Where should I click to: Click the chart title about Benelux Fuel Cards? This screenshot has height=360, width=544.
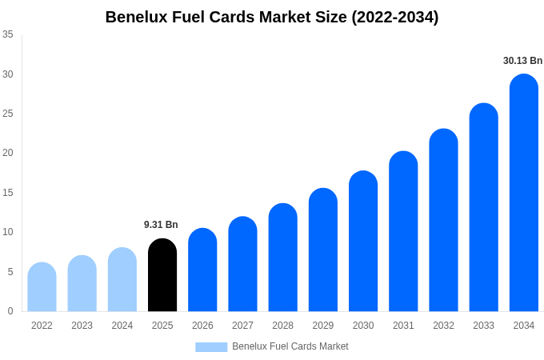click(x=272, y=17)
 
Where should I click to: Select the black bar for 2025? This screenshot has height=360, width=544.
click(x=162, y=275)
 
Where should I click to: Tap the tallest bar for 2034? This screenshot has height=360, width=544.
click(x=524, y=193)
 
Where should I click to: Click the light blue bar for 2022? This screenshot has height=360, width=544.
click(x=42, y=287)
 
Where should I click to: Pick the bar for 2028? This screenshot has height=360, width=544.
click(x=282, y=258)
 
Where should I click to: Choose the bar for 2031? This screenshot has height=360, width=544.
click(x=403, y=231)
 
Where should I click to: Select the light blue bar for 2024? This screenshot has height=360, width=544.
click(x=122, y=280)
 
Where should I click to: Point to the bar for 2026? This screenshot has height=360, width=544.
click(x=202, y=270)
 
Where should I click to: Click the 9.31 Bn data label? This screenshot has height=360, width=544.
click(x=161, y=225)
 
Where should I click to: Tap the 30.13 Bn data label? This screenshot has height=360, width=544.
click(x=522, y=61)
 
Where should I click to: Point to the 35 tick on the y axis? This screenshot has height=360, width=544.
click(x=8, y=34)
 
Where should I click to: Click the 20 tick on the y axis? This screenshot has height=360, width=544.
click(x=8, y=153)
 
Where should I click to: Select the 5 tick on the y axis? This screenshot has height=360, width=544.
click(x=10, y=272)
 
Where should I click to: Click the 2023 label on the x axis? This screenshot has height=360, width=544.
click(x=82, y=326)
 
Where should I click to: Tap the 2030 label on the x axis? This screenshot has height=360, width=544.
click(x=363, y=326)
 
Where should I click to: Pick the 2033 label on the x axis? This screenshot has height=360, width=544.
click(x=483, y=326)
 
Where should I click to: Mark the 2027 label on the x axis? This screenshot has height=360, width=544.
click(x=242, y=326)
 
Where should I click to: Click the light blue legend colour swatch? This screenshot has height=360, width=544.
click(x=211, y=347)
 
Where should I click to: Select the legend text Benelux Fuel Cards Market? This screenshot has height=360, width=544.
click(x=290, y=346)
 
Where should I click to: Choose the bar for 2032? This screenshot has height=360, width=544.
click(x=443, y=220)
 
